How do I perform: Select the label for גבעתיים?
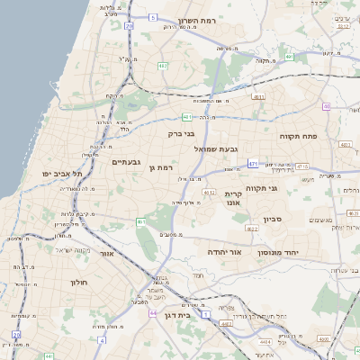126,162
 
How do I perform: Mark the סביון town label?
273,219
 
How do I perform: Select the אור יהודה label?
225,253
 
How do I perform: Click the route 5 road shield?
153,17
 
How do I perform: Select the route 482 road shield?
163,66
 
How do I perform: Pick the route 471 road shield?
254,164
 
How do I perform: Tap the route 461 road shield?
140,221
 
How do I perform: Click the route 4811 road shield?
259,96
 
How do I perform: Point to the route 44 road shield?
103,340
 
